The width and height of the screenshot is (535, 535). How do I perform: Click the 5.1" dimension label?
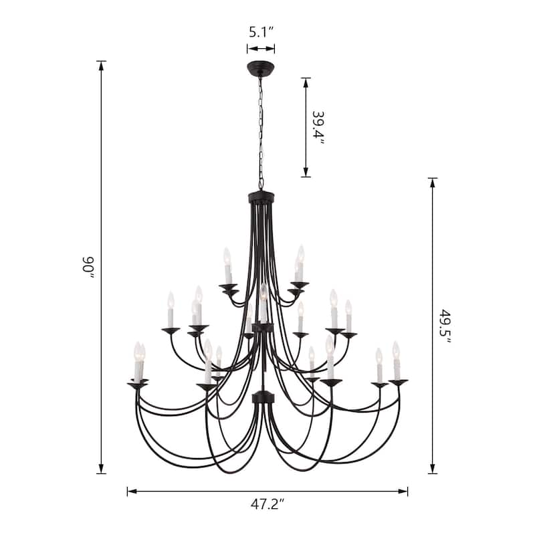[x=261, y=32]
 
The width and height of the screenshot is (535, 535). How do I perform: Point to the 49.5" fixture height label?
[x=445, y=326]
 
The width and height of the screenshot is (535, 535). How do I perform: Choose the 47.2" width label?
[x=267, y=504]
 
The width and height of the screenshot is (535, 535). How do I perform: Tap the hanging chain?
[x=261, y=133]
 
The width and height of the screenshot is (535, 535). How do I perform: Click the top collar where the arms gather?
[x=261, y=197]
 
